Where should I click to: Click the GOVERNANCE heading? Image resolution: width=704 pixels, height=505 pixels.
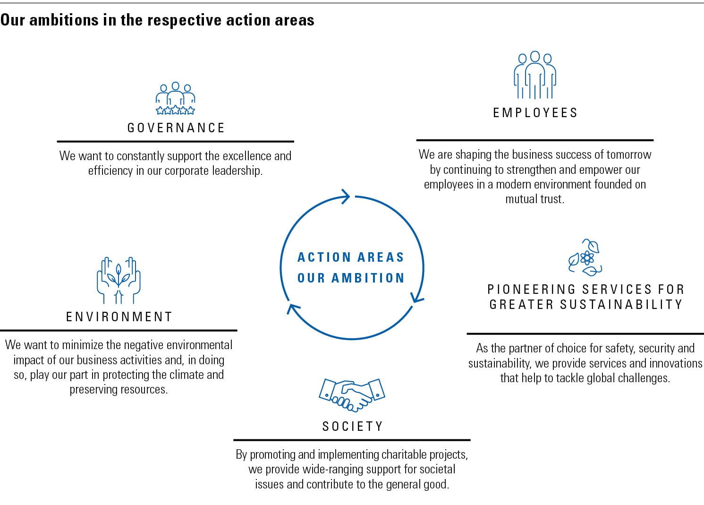(176, 128)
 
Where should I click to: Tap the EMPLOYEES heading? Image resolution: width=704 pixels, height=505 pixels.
(535, 113)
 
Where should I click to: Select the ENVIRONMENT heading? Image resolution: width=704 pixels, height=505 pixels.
(119, 317)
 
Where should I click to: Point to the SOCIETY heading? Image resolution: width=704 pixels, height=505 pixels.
(352, 427)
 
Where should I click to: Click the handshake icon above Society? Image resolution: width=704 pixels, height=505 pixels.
(352, 395)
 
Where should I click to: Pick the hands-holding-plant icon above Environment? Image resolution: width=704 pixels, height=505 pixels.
(119, 280)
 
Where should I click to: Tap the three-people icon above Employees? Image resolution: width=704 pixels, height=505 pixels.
(535, 75)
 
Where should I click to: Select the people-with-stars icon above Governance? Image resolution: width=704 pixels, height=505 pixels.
(175, 98)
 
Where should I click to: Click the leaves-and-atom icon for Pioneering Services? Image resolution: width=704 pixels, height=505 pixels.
(585, 257)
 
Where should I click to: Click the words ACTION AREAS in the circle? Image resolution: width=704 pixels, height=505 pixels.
(351, 257)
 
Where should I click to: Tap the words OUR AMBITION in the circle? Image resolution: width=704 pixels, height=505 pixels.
(351, 278)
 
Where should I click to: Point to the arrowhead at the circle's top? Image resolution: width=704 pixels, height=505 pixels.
(346, 197)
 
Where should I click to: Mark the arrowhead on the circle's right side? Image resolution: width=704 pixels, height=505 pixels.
(417, 297)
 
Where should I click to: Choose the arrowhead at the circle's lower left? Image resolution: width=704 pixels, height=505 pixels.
(293, 309)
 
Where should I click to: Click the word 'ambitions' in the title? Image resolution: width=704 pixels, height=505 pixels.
(64, 20)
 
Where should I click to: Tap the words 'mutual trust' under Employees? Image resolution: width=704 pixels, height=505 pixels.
(534, 199)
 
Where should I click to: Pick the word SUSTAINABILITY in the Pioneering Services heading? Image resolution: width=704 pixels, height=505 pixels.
(621, 304)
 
